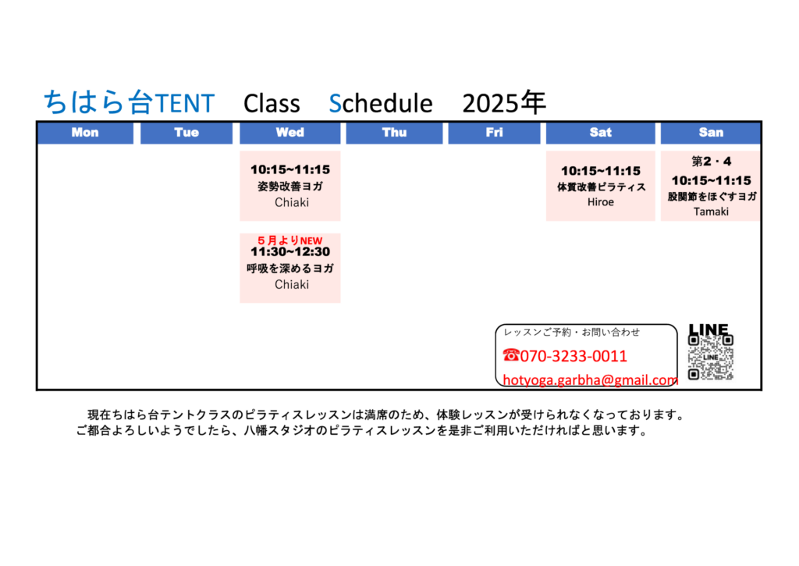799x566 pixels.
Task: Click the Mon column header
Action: (x=85, y=133)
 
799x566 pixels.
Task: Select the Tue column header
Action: (x=186, y=133)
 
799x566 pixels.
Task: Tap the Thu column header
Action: (x=394, y=133)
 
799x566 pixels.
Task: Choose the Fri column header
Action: (x=494, y=133)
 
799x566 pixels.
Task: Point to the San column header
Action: (x=711, y=133)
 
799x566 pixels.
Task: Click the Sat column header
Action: (x=600, y=133)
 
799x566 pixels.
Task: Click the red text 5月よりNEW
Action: (x=290, y=240)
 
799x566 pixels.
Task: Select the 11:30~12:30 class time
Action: (x=290, y=252)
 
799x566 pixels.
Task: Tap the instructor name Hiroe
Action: (x=600, y=202)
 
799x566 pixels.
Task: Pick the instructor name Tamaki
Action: (x=711, y=212)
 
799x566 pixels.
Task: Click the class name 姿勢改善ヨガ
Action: (x=290, y=186)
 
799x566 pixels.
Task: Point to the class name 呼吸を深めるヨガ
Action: (x=290, y=269)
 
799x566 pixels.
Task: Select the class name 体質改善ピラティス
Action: (x=602, y=187)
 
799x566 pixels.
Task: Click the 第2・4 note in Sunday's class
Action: (x=711, y=162)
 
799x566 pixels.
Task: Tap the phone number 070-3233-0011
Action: (x=574, y=356)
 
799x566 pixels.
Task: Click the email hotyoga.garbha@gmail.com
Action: (x=590, y=380)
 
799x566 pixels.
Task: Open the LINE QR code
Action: (x=710, y=357)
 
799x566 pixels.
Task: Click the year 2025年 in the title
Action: (x=504, y=102)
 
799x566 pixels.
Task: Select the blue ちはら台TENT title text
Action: (x=129, y=102)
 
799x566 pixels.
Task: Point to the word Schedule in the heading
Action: (x=381, y=103)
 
